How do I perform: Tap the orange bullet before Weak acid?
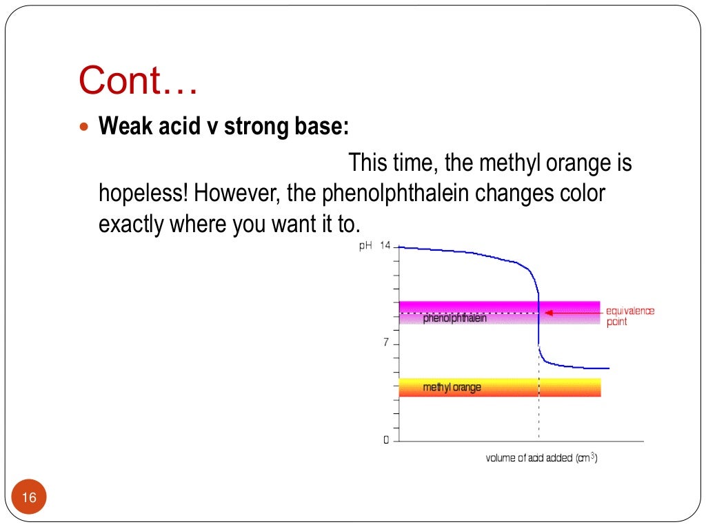pyautogui.click(x=85, y=128)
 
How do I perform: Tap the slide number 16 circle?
pyautogui.click(x=29, y=497)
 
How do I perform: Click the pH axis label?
pyautogui.click(x=366, y=246)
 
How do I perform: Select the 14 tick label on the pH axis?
pyautogui.click(x=385, y=246)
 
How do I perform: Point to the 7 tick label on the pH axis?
pyautogui.click(x=386, y=343)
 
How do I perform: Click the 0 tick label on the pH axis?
pyautogui.click(x=386, y=441)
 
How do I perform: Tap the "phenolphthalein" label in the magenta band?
pyautogui.click(x=455, y=318)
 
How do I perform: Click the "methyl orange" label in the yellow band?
pyautogui.click(x=452, y=388)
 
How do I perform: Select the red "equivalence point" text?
pyautogui.click(x=629, y=316)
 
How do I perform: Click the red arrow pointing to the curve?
pyautogui.click(x=572, y=312)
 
